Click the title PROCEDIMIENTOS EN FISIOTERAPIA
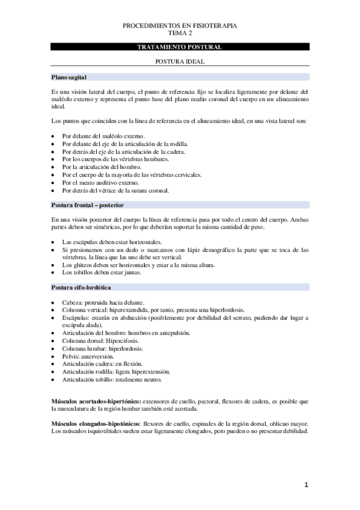(x=180, y=26)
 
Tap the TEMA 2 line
(x=180, y=34)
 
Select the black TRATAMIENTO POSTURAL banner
(x=180, y=47)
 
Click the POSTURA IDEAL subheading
(x=180, y=62)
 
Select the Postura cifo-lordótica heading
(x=81, y=287)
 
